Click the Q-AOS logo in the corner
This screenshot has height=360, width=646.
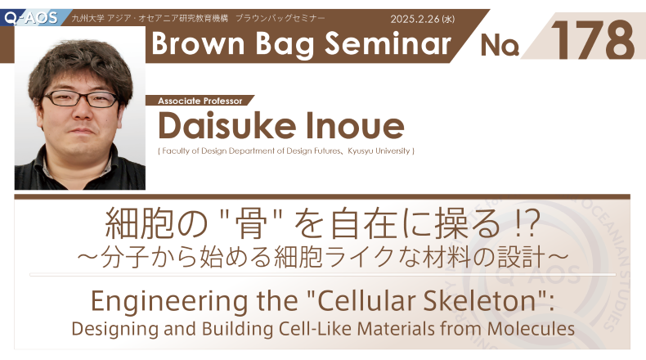[31, 17]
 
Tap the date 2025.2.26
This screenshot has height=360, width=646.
[415, 19]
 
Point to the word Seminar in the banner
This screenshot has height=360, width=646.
[388, 43]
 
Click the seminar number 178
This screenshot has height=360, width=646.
[592, 40]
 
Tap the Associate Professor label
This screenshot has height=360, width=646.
[200, 101]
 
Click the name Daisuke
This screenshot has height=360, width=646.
[227, 125]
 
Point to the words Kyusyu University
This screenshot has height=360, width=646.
[379, 151]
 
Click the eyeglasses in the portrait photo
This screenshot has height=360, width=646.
[81, 99]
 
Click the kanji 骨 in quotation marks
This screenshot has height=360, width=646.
[249, 225]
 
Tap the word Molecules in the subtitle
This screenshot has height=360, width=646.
[531, 329]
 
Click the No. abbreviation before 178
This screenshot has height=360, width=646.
[499, 44]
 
